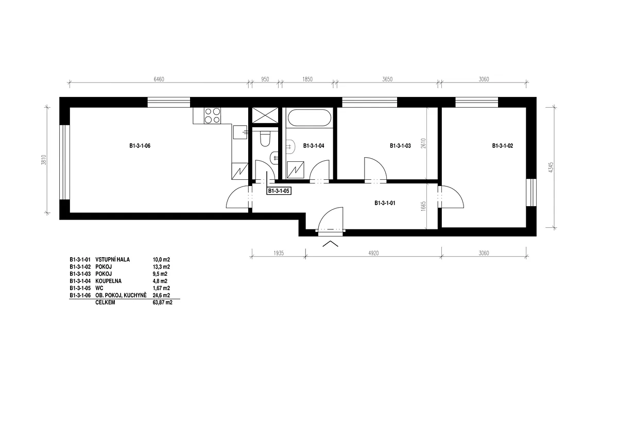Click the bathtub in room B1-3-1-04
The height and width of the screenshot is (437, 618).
click(310, 118)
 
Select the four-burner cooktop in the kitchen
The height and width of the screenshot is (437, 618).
click(212, 115)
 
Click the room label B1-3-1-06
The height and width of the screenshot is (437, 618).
click(140, 146)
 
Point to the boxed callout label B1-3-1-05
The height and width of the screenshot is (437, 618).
click(279, 191)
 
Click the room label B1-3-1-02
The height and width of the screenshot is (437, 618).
click(503, 146)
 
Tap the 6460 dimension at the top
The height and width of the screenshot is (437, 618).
click(159, 79)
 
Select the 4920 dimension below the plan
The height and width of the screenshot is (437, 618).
click(373, 253)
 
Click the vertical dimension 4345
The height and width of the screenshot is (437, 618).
click(551, 167)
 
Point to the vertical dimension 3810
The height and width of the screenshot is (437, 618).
click(44, 160)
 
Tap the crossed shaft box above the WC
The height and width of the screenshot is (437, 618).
click(265, 115)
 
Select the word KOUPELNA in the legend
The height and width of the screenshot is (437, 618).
click(109, 281)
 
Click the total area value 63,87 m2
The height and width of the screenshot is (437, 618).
click(163, 302)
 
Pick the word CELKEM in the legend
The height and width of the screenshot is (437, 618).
click(105, 302)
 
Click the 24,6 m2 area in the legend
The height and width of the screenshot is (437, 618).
click(161, 295)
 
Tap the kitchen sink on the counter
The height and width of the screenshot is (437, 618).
click(240, 132)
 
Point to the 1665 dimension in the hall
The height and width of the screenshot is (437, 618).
click(423, 207)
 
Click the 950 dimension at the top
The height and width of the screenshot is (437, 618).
click(265, 79)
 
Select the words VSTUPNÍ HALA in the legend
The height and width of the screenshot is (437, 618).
click(113, 260)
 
